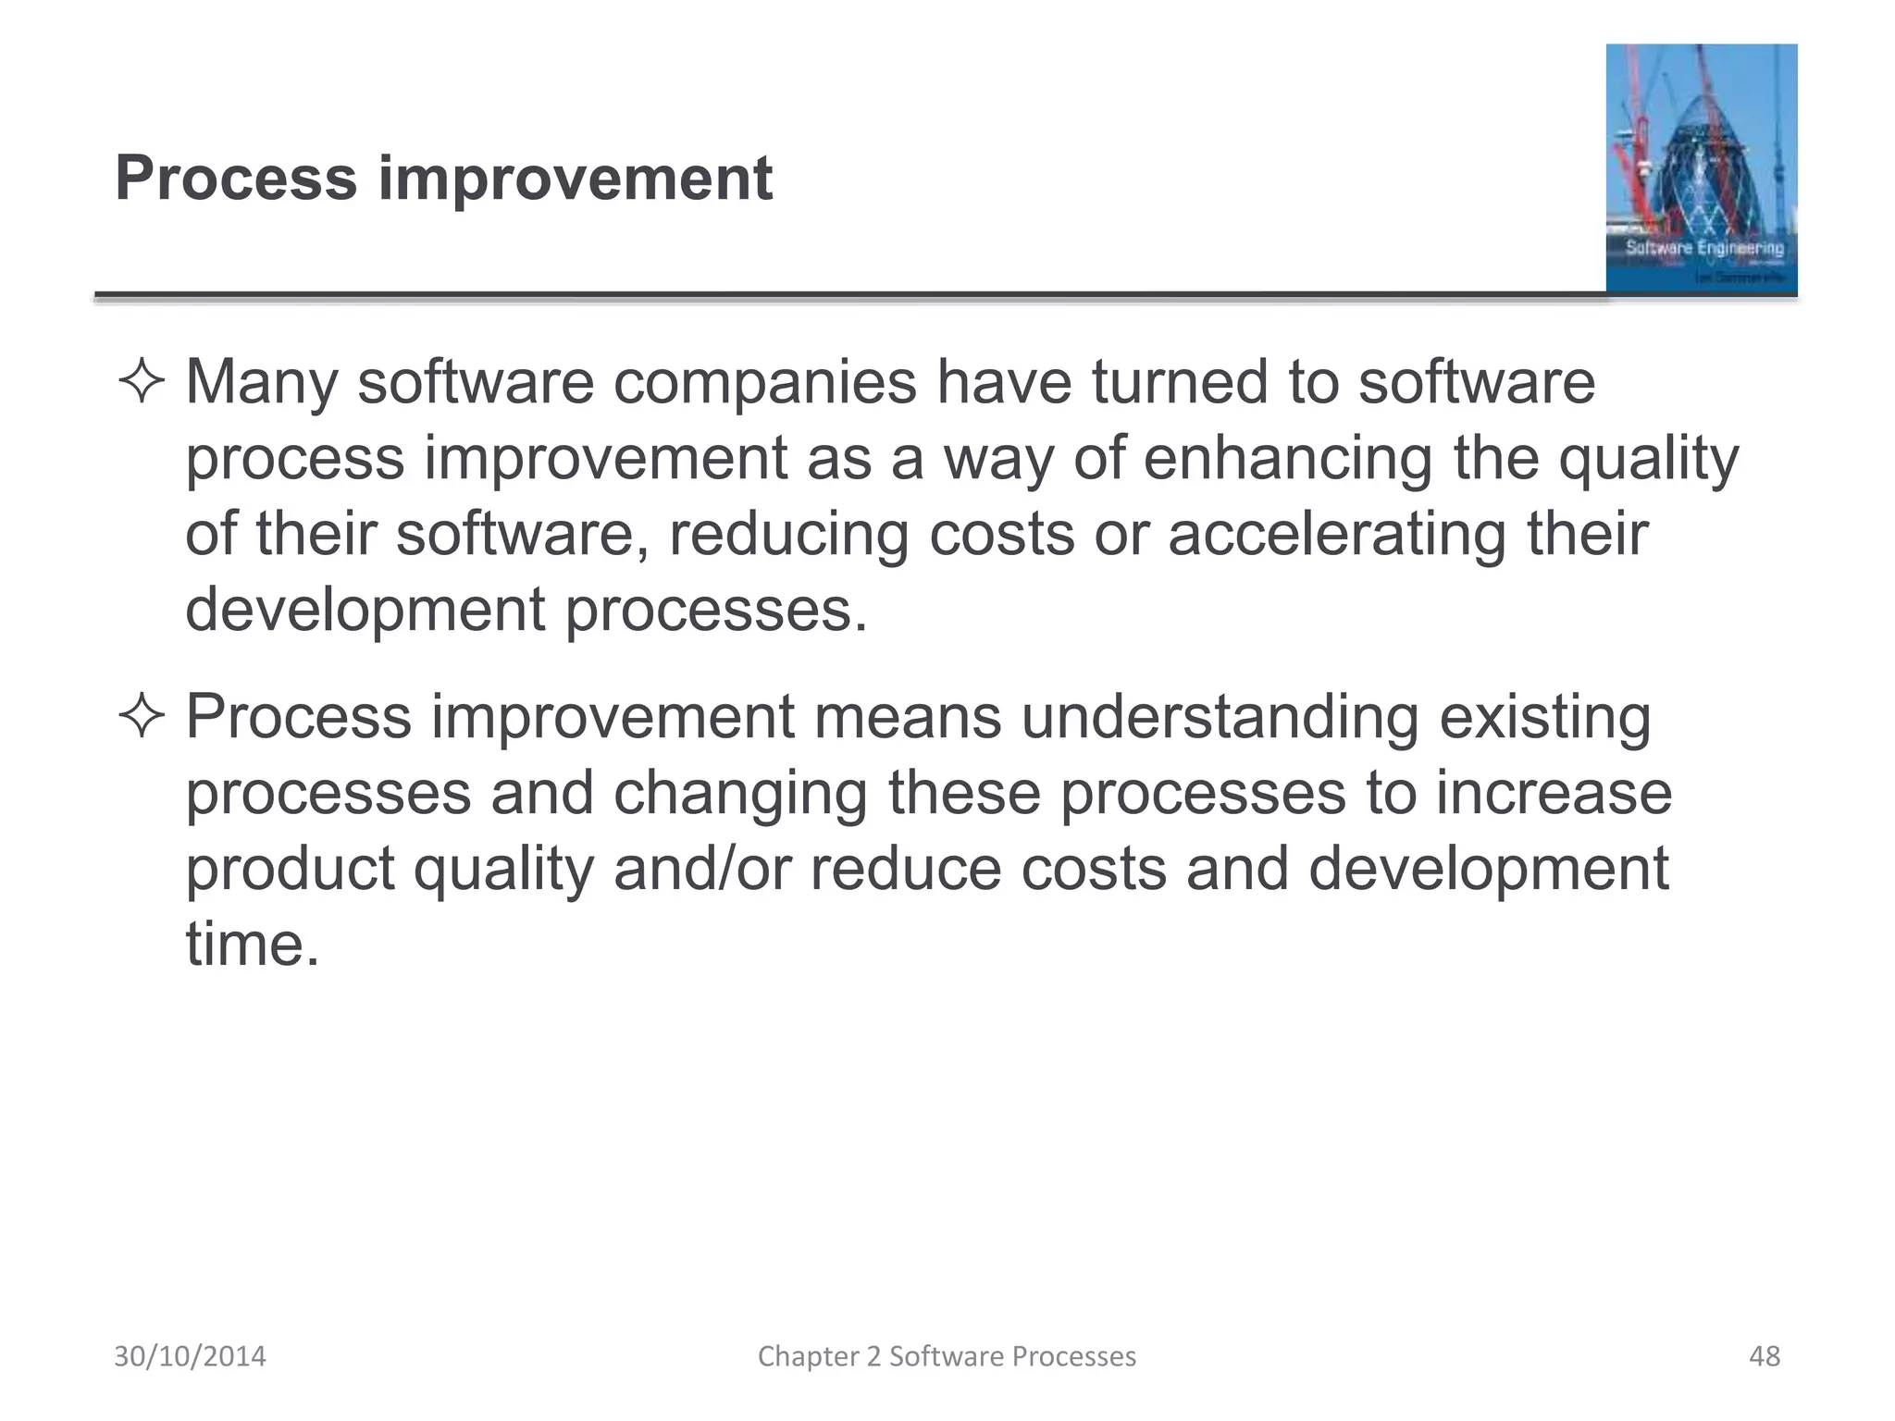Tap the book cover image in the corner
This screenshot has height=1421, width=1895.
pos(1701,168)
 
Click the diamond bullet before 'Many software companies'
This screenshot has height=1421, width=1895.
pos(142,383)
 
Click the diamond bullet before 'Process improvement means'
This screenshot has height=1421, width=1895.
pos(142,718)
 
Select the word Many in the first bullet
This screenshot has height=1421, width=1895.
pos(261,383)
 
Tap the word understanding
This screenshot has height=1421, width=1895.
pos(1220,718)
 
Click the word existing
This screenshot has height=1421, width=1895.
pos(1544,718)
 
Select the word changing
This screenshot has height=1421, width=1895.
pos(740,794)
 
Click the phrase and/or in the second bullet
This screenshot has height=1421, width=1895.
pos(702,870)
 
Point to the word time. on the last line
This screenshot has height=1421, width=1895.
pos(252,945)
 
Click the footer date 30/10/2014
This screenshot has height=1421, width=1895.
pos(190,1356)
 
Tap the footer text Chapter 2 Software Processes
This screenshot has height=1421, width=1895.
pos(947,1356)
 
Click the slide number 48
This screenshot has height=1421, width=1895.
pos(1764,1356)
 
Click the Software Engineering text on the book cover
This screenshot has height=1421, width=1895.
pos(1703,248)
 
